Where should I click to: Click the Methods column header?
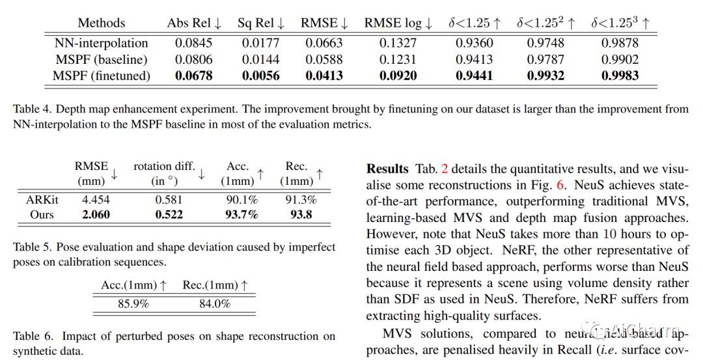(101, 23)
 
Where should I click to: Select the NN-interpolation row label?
(101, 44)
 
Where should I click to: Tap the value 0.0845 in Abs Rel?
(193, 44)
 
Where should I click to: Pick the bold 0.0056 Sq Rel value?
(261, 76)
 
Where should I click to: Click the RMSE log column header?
(398, 23)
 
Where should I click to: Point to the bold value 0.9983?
(620, 76)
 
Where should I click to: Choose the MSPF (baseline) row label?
(101, 59)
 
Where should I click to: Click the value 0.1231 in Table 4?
(398, 59)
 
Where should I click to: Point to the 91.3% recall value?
(301, 200)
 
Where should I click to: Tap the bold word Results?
(387, 169)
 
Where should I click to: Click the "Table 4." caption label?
(32, 109)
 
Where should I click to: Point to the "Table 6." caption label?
(32, 337)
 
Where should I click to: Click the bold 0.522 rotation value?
(169, 214)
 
